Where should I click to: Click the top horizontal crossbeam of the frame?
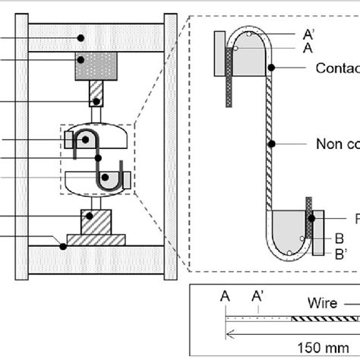point(94,36)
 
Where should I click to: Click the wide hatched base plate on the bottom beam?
point(95,240)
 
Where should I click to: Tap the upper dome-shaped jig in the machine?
point(95,141)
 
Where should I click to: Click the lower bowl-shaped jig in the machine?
point(97,181)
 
